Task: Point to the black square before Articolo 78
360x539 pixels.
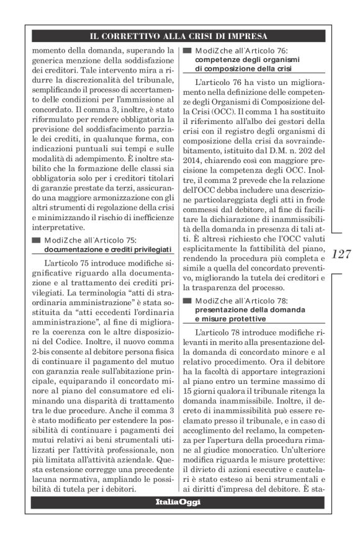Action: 186,301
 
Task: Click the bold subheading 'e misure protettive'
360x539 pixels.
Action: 230,318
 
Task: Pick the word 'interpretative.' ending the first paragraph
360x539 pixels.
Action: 58,227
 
